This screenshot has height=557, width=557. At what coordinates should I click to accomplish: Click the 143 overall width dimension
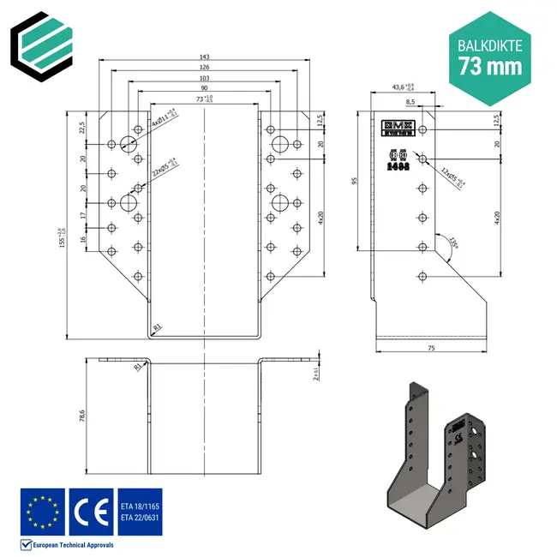pyautogui.click(x=204, y=57)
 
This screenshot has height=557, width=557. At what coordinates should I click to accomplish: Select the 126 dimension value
pyautogui.click(x=204, y=67)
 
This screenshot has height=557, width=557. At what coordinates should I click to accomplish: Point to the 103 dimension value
pyautogui.click(x=204, y=77)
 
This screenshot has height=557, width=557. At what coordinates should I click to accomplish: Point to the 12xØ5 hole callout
pyautogui.click(x=452, y=177)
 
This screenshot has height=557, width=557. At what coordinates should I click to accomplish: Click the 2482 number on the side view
pyautogui.click(x=398, y=170)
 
